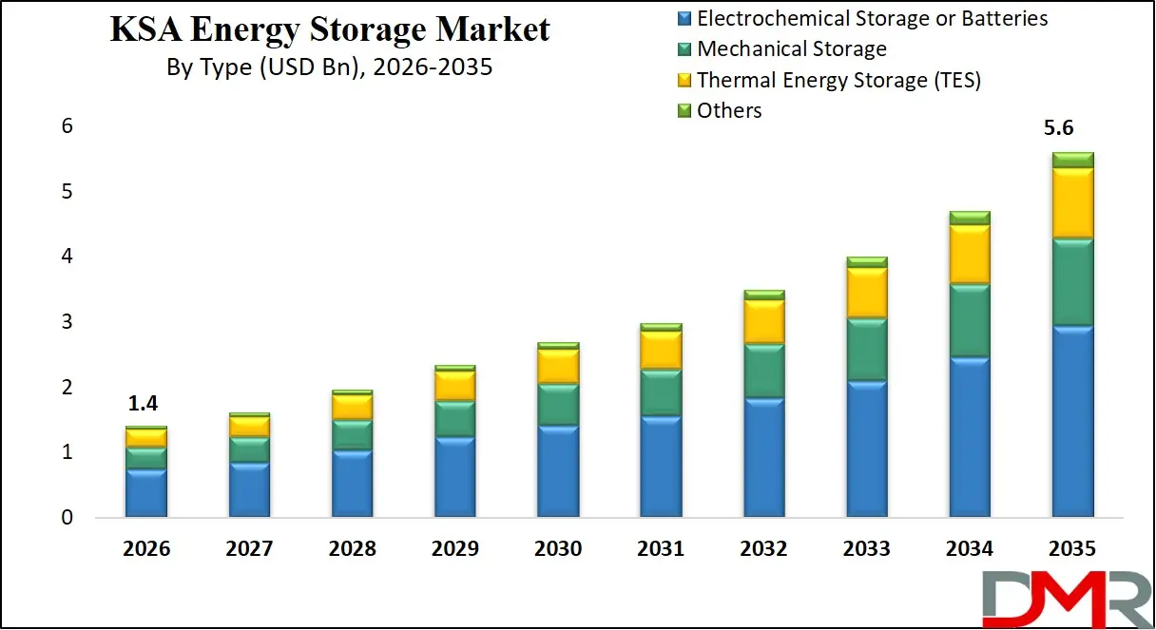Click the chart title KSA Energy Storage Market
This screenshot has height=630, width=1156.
(330, 30)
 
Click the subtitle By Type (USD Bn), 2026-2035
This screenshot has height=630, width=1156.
(330, 68)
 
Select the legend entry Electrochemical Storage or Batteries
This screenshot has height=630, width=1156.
(872, 18)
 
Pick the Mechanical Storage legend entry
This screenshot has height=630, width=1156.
(791, 48)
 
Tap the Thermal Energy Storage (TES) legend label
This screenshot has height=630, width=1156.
(838, 80)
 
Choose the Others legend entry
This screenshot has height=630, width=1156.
(729, 110)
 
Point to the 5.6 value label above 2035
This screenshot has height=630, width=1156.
(1071, 128)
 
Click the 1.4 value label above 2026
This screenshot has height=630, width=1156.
(145, 405)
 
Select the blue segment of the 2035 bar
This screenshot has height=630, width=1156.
(1072, 422)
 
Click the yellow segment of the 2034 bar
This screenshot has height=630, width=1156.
(970, 254)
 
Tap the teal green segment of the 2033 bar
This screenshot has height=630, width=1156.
(867, 349)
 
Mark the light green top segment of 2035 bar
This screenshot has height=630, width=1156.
(1072, 160)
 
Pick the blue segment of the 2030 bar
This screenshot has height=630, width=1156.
(558, 471)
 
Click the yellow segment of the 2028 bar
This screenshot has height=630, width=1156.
(352, 407)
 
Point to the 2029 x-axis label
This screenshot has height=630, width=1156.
(455, 549)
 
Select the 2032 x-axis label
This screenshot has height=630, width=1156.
(763, 549)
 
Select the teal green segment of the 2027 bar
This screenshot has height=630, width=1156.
(249, 449)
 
